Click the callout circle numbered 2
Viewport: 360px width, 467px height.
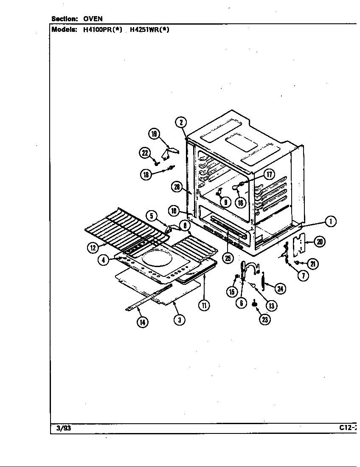click(x=181, y=123)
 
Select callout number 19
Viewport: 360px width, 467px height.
click(x=154, y=135)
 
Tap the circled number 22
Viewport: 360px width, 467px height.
click(x=146, y=153)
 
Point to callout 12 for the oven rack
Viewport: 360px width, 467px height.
click(x=93, y=248)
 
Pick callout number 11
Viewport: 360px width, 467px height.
click(x=204, y=305)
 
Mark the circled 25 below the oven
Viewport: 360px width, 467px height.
click(x=228, y=258)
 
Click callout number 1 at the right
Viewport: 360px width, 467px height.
click(x=330, y=221)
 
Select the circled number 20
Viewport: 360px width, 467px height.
click(x=320, y=242)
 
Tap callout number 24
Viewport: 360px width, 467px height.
click(x=280, y=289)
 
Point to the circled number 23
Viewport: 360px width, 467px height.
click(x=265, y=320)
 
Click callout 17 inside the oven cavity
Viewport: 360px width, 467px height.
click(x=269, y=174)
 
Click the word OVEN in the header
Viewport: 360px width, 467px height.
click(x=93, y=19)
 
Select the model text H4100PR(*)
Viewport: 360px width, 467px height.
click(x=100, y=30)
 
